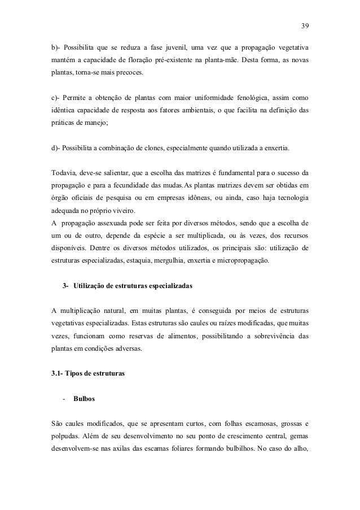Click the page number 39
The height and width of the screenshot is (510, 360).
305,25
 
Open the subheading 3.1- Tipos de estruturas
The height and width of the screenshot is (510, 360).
86,373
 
